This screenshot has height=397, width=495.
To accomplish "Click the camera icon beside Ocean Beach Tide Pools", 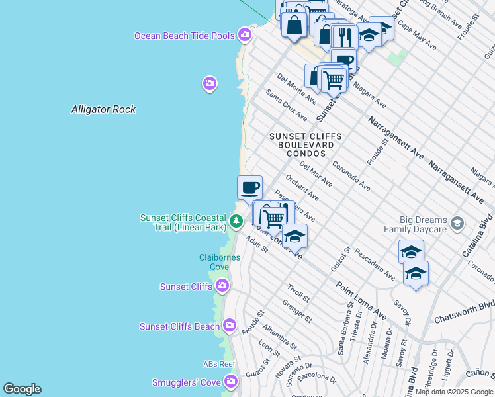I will point(246,34).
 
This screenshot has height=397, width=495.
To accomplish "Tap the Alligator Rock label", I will point(103,109).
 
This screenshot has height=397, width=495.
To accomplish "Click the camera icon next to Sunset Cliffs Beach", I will point(229,325).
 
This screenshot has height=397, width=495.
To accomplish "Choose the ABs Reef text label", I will point(219,364).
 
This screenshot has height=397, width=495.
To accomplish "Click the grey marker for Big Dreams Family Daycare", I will point(456,224).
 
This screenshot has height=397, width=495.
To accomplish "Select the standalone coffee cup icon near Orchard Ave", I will point(249,187).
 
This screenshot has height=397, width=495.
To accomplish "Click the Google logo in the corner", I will point(22,389).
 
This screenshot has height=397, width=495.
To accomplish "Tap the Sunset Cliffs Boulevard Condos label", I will point(305,144).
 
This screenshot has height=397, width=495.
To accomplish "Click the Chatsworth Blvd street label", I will point(464,312).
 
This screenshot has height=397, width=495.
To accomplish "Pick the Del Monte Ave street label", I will point(297,89).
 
